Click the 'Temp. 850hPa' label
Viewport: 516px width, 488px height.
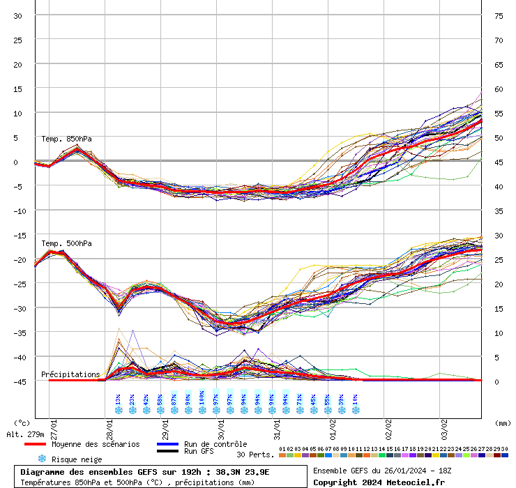tap(66, 139)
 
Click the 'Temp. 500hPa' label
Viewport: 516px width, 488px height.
tap(66, 243)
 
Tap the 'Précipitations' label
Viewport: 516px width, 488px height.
tap(70, 374)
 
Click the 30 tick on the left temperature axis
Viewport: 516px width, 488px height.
tap(18, 16)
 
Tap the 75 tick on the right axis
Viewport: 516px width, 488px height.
tap(499, 16)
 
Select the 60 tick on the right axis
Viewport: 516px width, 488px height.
tap(499, 89)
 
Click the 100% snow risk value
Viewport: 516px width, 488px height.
tap(202, 399)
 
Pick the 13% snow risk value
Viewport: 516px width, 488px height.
tap(118, 400)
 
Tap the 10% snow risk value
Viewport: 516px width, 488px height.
tap(355, 400)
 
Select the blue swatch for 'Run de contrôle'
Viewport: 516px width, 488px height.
tap(167, 444)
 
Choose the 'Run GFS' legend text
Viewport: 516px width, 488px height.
tap(199, 452)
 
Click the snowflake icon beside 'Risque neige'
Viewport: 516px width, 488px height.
tap(42, 459)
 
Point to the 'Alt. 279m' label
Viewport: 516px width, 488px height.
tap(26, 435)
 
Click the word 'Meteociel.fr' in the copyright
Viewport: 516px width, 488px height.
tap(416, 482)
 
